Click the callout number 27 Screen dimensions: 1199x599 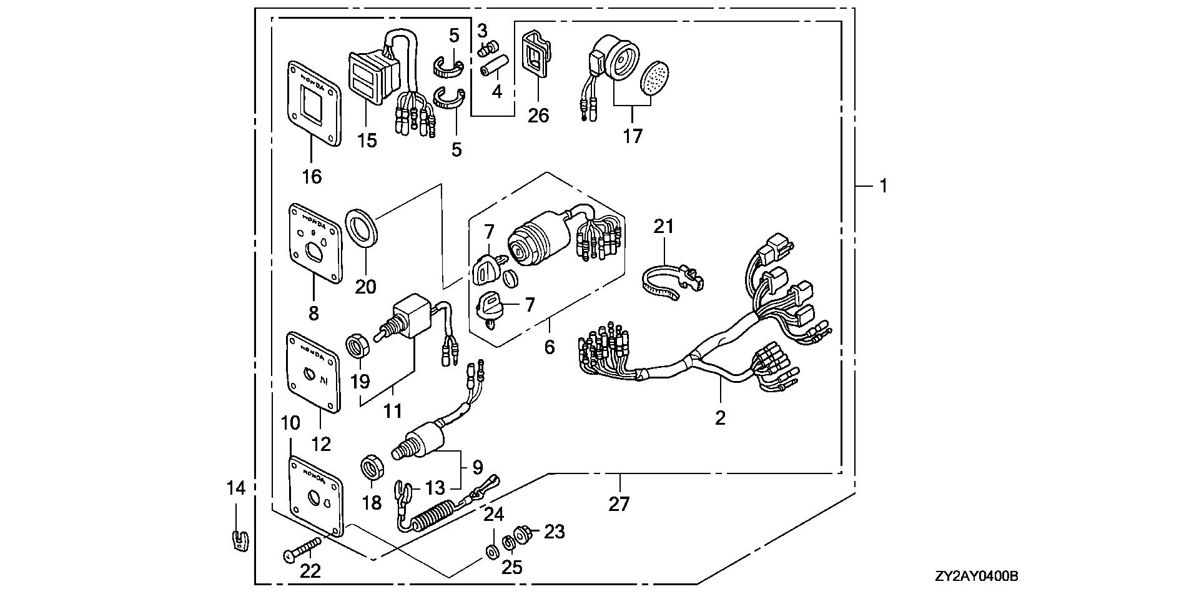(619, 503)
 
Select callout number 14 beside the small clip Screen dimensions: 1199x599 (236, 488)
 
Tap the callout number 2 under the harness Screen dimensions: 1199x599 (720, 418)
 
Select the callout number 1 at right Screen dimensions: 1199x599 (883, 186)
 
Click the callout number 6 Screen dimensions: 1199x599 (549, 346)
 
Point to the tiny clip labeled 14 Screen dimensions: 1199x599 (237, 539)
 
